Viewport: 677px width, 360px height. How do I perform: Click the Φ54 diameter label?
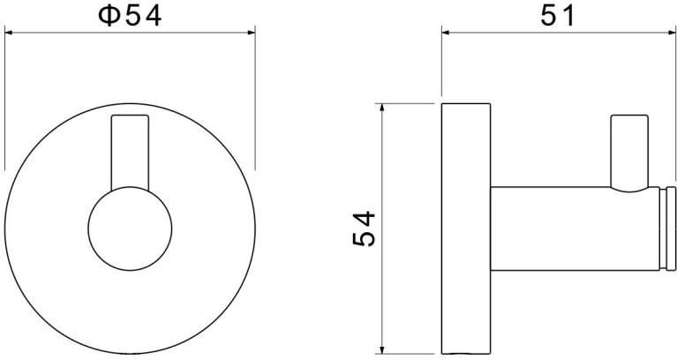[x=130, y=17]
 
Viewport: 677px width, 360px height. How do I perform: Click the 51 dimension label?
[x=558, y=17]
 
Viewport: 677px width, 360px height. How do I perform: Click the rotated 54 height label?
[x=364, y=229]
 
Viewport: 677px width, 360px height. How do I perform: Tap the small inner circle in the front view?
[x=130, y=229]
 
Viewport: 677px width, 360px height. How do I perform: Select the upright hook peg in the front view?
[x=130, y=152]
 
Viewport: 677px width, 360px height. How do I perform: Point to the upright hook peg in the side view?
[x=629, y=152]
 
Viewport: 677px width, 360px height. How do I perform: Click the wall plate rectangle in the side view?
[x=466, y=229]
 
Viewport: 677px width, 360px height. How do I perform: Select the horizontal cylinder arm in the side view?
[x=575, y=229]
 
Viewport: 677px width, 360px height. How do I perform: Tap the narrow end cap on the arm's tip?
[x=671, y=229]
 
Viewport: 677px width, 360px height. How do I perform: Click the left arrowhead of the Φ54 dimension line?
[x=10, y=33]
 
